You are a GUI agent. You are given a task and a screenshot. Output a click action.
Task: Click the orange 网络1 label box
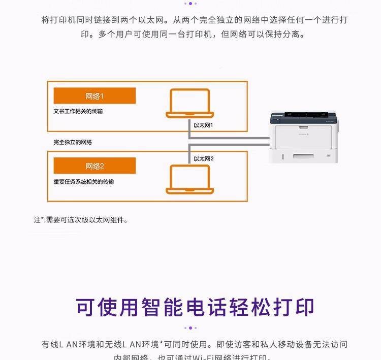[x=94, y=96]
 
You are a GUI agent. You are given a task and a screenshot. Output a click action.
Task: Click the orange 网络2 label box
[x=94, y=166]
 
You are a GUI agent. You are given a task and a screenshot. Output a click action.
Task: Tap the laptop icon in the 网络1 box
[x=189, y=104]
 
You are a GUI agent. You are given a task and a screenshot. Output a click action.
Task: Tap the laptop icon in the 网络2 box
[x=189, y=179]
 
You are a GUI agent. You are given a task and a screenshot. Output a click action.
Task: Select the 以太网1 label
[x=204, y=125]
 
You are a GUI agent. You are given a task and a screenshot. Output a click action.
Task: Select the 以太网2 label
[x=204, y=158]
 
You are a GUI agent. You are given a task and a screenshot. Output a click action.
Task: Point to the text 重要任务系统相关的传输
[x=84, y=181]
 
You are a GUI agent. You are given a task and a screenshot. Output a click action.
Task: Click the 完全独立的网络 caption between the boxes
[x=73, y=142]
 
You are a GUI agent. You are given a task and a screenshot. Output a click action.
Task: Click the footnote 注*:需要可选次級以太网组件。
[x=81, y=220]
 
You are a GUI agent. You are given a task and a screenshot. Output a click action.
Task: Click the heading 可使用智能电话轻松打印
[x=195, y=307]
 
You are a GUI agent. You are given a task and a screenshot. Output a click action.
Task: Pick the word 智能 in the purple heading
[x=147, y=307]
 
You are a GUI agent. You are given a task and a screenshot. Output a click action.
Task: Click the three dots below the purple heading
[x=190, y=328]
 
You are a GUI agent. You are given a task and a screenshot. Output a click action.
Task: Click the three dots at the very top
[x=190, y=3]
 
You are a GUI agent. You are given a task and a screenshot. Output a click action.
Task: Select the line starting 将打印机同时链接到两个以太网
[x=195, y=20]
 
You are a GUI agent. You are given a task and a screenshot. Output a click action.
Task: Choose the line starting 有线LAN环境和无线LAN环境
[x=195, y=344]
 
